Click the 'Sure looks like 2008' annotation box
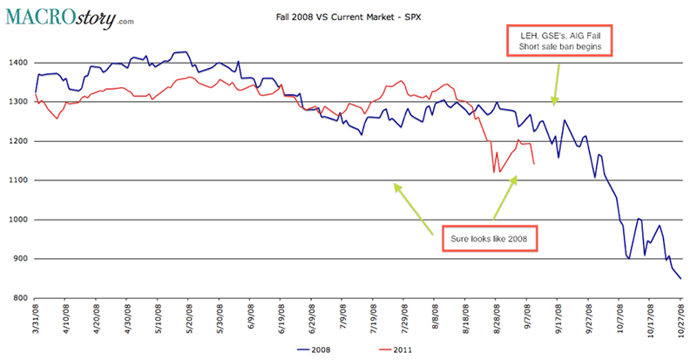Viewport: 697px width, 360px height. tap(493, 236)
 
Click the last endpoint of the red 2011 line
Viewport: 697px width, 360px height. tap(533, 164)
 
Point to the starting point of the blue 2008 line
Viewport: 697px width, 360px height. tap(36, 92)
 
